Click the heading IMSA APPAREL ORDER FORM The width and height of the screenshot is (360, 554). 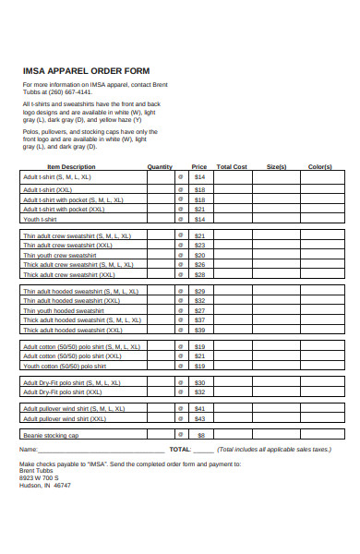[85, 70]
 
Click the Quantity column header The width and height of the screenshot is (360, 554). [161, 167]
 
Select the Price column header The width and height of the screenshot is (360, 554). [199, 167]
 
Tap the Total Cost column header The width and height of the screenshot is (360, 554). [232, 167]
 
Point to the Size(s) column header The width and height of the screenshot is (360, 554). [276, 167]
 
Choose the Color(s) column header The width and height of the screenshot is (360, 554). [320, 167]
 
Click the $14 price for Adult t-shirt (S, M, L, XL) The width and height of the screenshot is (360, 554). [199, 176]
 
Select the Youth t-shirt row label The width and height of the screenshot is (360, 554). [40, 220]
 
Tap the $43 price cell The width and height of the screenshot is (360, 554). [199, 417]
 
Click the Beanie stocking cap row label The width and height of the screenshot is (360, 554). [51, 435]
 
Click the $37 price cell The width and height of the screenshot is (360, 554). [199, 319]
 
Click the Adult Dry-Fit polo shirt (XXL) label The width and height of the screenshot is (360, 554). [66, 391]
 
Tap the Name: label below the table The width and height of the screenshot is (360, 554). [29, 449]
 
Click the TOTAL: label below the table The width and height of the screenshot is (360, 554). [180, 449]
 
